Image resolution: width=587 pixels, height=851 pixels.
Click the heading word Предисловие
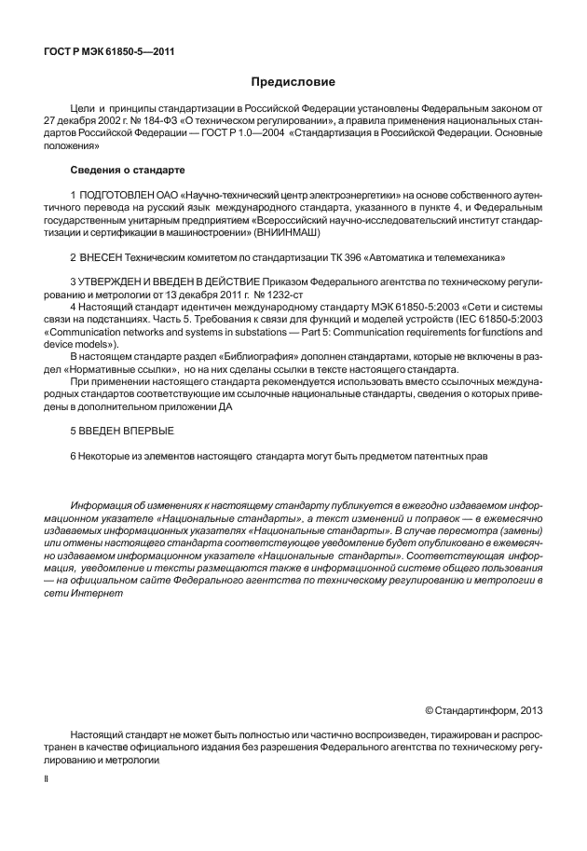pos(293,83)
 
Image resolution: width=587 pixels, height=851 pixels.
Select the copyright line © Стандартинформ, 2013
pos(477,710)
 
